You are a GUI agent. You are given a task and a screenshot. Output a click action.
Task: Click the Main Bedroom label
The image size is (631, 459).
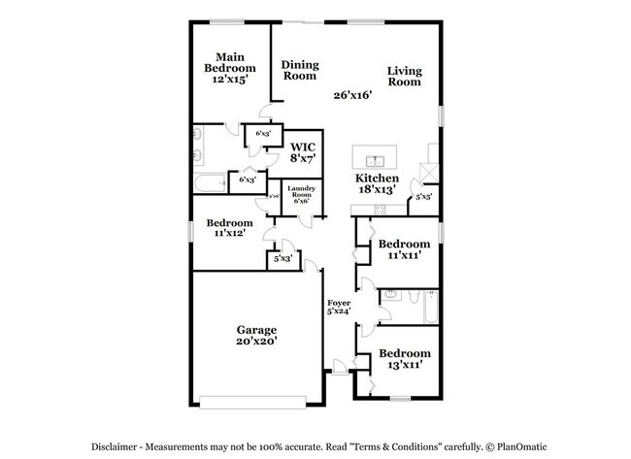tap(229, 62)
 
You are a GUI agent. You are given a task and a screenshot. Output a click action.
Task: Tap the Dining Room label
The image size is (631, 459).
tap(300, 70)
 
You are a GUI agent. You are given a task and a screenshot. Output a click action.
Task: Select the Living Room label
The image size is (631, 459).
tap(404, 76)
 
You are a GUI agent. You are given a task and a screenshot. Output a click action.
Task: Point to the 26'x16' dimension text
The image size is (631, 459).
tap(352, 95)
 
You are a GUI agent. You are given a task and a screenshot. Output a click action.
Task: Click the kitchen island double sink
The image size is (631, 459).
tap(374, 160)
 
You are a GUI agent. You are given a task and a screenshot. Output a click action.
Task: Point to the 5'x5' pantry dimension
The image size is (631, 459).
tap(423, 197)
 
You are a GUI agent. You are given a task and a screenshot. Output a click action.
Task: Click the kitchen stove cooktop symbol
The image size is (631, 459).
tap(381, 210)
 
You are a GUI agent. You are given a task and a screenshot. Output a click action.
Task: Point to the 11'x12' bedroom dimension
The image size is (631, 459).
tap(229, 233)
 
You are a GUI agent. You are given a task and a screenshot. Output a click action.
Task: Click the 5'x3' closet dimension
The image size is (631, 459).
tap(282, 259)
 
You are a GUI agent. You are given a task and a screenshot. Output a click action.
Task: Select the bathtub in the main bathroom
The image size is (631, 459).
tap(210, 180)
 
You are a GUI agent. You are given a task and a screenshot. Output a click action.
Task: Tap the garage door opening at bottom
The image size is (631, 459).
tap(256, 398)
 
